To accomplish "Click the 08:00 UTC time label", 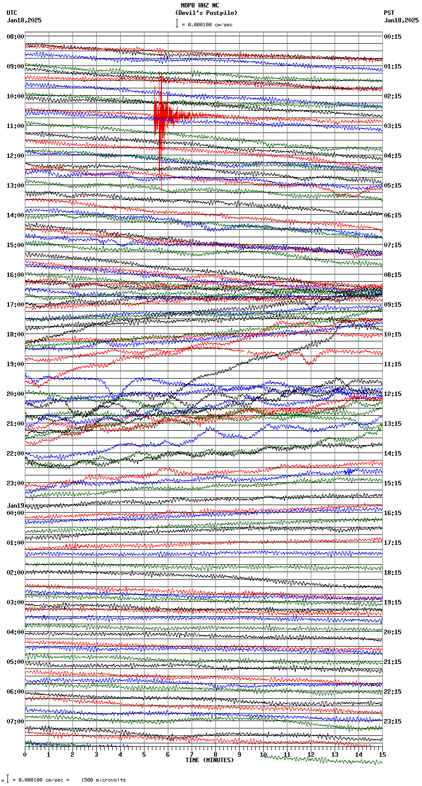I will tap(15, 37).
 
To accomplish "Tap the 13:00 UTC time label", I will tap(15, 186).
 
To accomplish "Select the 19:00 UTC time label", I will tap(15, 364).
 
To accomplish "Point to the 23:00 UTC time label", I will tap(15, 483).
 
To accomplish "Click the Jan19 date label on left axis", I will tap(15, 506).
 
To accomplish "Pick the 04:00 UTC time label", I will tap(15, 632).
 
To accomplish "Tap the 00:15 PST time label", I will tap(393, 37).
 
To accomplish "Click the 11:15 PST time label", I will tap(393, 364).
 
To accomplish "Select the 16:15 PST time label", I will tap(393, 513).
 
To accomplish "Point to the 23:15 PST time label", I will tap(393, 721).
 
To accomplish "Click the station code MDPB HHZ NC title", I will tap(200, 6).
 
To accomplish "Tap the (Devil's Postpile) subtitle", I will tap(206, 13).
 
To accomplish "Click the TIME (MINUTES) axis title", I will tap(210, 760).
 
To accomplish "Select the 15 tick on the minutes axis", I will tap(382, 755).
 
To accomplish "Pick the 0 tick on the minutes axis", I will tap(25, 755).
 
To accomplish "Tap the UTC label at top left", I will tap(12, 13).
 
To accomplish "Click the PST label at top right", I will tap(389, 13).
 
